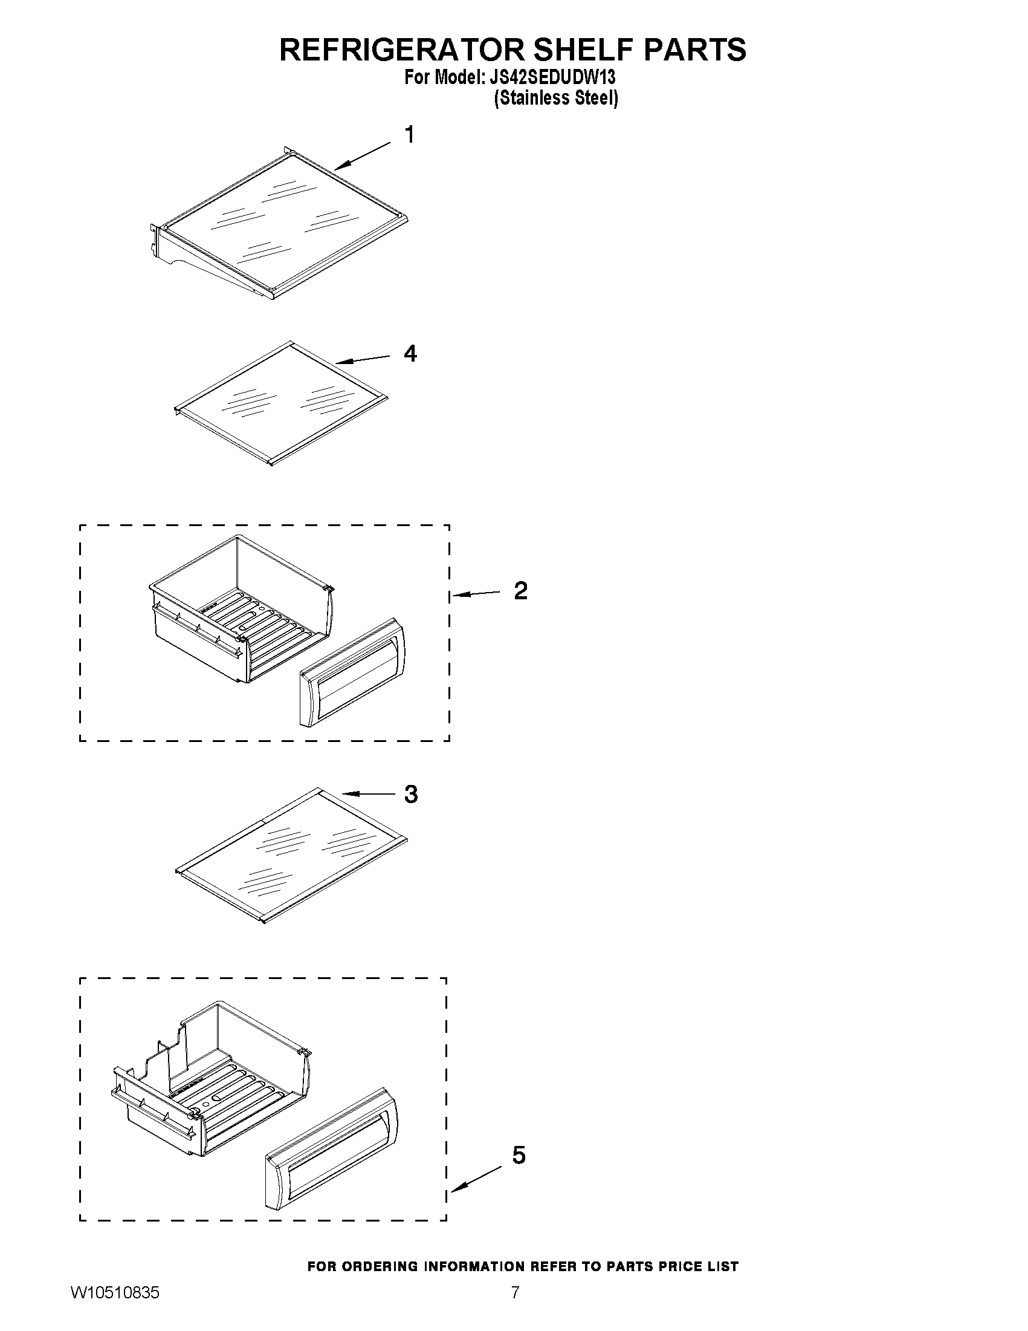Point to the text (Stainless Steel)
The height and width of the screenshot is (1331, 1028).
(x=555, y=98)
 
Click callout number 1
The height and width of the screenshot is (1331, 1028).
(x=410, y=135)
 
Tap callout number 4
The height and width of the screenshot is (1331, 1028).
(x=410, y=354)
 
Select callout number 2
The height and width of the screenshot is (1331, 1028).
(x=521, y=591)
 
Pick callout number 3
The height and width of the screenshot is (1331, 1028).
(x=411, y=794)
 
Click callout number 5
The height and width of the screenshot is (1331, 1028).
(x=519, y=1155)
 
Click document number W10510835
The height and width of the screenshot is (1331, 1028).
(x=115, y=1309)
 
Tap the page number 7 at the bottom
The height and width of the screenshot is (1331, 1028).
(x=516, y=1309)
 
